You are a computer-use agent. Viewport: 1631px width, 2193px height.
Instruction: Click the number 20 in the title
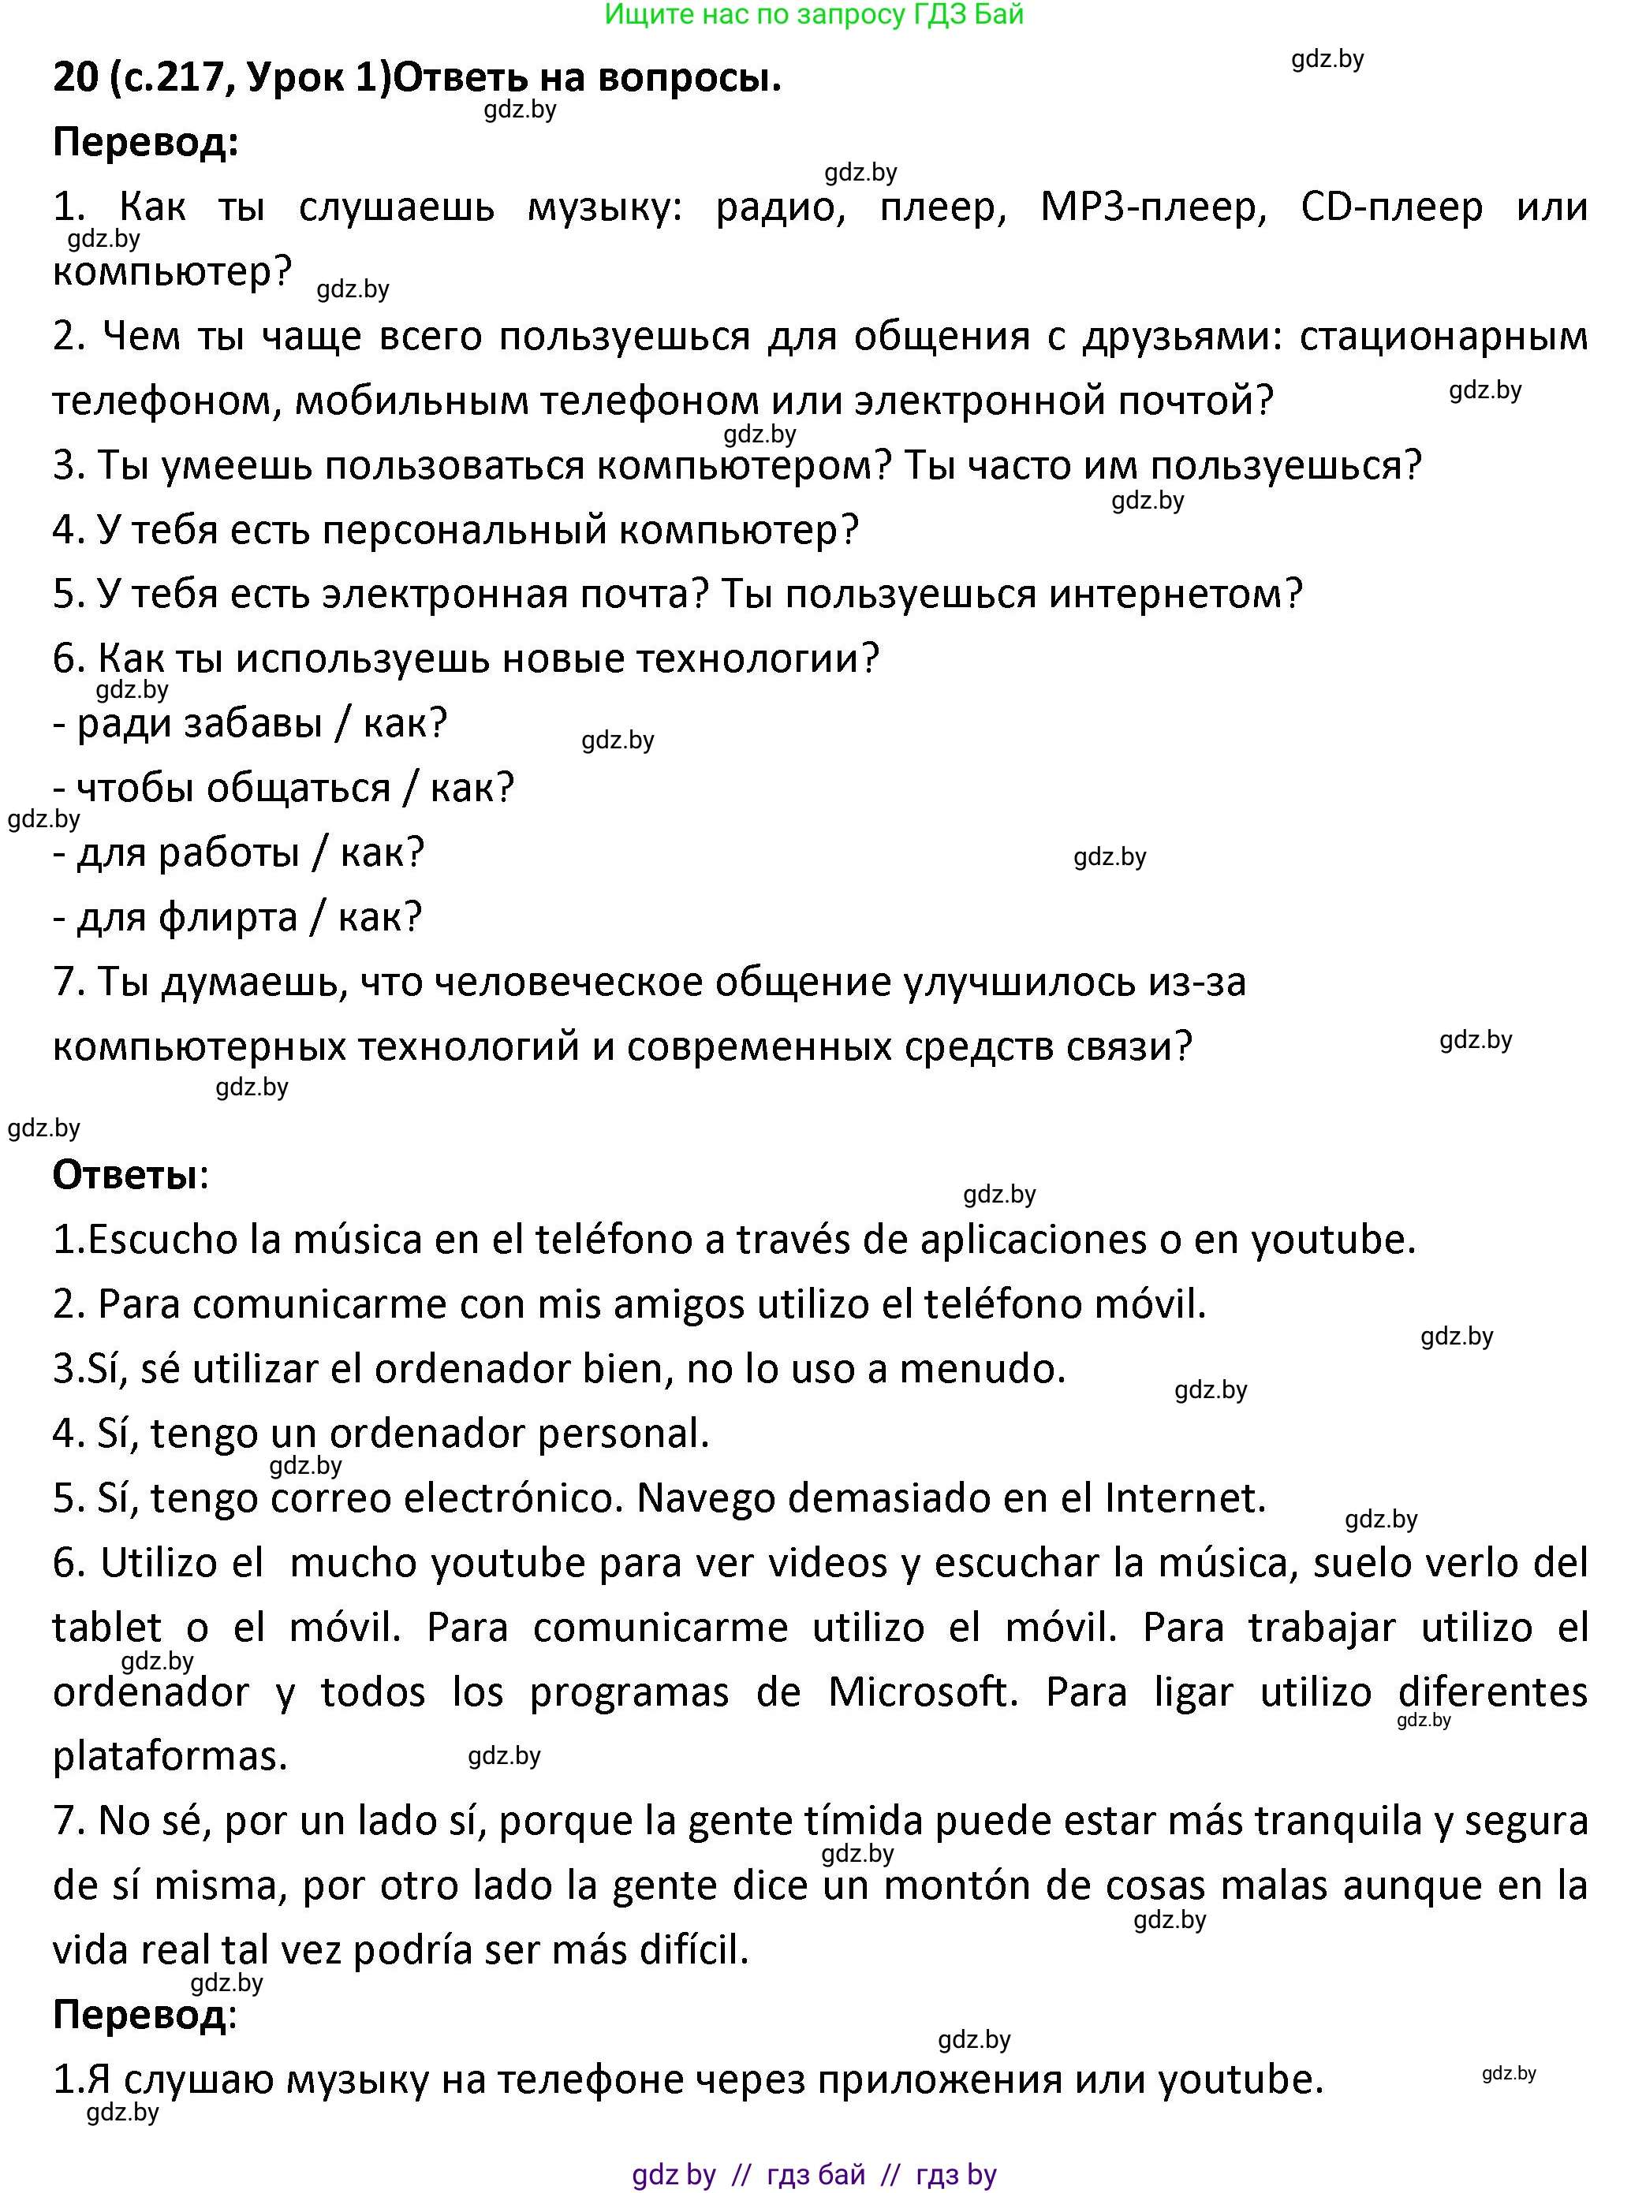click(x=75, y=79)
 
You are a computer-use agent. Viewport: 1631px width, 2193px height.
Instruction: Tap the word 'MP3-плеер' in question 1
click(x=1152, y=207)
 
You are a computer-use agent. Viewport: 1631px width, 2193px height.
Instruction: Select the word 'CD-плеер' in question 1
click(x=1391, y=207)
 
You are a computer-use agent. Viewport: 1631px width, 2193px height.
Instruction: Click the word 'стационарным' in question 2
click(x=1443, y=338)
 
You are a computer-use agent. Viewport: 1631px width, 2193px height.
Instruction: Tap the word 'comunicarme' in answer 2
click(x=336, y=1305)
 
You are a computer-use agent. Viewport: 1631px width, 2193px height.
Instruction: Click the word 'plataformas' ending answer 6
click(x=169, y=1758)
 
